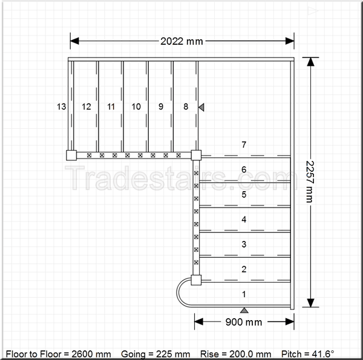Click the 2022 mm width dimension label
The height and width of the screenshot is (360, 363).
coord(181,41)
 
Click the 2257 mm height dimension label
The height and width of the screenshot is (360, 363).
coord(310,182)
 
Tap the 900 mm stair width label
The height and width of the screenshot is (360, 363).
coord(244,322)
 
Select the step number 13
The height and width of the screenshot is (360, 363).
coord(61,106)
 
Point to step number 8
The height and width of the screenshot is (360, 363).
coord(186,106)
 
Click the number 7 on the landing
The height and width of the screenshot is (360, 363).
coord(244,145)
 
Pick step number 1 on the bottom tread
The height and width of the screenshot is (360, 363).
coord(244,294)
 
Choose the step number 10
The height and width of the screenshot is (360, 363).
coord(136,106)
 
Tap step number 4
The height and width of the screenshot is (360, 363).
coord(244,220)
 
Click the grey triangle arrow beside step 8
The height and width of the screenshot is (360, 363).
coord(201,107)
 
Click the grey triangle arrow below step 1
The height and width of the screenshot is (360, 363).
coord(244,310)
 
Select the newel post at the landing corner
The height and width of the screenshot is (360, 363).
coord(196,155)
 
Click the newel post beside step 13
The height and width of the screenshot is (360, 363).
coord(71,155)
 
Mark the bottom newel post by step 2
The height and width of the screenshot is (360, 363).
coord(196,280)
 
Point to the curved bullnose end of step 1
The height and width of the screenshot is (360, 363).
coord(179,292)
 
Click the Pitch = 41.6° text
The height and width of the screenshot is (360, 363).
coord(308,354)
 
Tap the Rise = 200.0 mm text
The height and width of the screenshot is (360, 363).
coord(236,354)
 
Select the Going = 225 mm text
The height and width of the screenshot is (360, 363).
coord(155,354)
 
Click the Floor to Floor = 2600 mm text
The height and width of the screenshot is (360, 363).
coord(58,354)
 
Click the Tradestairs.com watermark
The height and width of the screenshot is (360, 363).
coord(181,178)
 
